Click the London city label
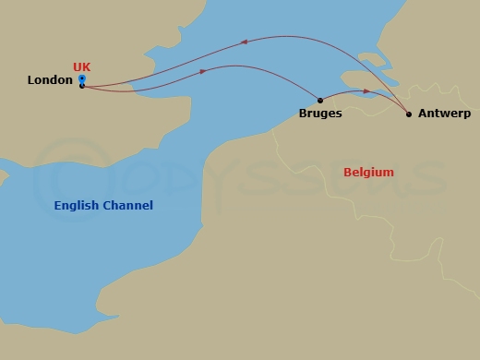coord(50,80)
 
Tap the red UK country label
coord(82,67)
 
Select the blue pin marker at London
coord(82,79)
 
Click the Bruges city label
coord(320,114)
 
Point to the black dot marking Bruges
coord(320,100)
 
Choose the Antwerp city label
coord(444,114)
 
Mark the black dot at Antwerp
coord(409,114)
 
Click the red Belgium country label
coord(368,173)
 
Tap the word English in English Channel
coord(78,205)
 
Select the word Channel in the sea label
coord(128,205)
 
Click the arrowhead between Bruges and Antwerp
coord(366,91)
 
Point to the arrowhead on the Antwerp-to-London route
coord(243,42)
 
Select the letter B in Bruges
coord(304,114)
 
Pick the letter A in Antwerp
coord(423,114)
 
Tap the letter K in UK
coord(87,67)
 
